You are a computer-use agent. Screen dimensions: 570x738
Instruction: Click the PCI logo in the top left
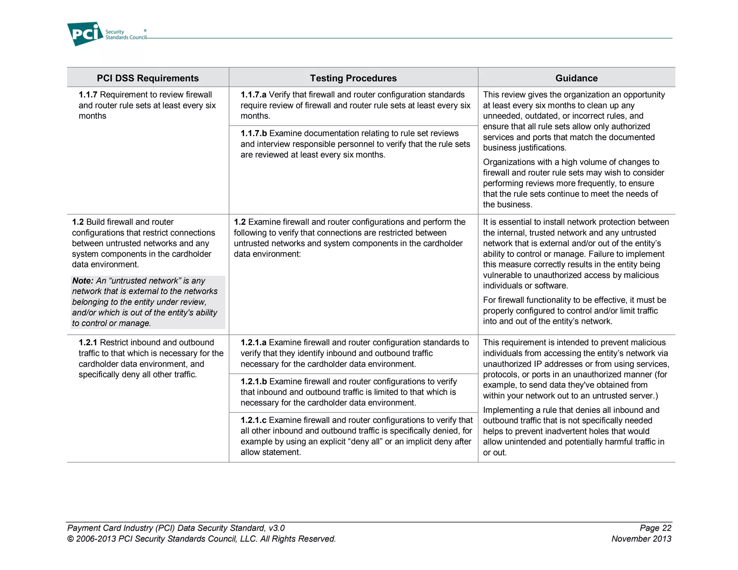click(85, 34)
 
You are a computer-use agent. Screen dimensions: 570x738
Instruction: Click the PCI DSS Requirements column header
click(148, 78)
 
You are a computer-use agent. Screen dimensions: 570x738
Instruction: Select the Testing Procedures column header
click(353, 78)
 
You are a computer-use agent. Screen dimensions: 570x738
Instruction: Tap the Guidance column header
click(576, 78)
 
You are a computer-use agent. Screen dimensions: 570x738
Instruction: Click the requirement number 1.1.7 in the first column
click(88, 95)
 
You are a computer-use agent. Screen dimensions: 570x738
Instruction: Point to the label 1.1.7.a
click(253, 95)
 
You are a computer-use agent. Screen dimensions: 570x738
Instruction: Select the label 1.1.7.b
click(254, 133)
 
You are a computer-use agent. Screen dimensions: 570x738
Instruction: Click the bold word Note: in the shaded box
click(83, 281)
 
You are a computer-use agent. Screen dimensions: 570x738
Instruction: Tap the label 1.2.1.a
click(253, 343)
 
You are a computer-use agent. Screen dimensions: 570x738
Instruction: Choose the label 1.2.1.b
click(254, 382)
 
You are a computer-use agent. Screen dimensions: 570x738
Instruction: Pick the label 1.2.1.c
click(253, 420)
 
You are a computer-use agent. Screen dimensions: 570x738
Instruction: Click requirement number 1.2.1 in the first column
click(88, 343)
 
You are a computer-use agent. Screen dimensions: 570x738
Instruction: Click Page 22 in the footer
click(655, 528)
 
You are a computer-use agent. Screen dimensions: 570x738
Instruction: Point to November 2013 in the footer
click(641, 539)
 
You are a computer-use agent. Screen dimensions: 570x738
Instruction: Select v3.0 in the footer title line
click(276, 528)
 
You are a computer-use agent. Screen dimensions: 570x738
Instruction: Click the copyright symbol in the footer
click(70, 539)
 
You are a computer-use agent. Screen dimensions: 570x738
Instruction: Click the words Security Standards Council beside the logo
click(125, 35)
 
